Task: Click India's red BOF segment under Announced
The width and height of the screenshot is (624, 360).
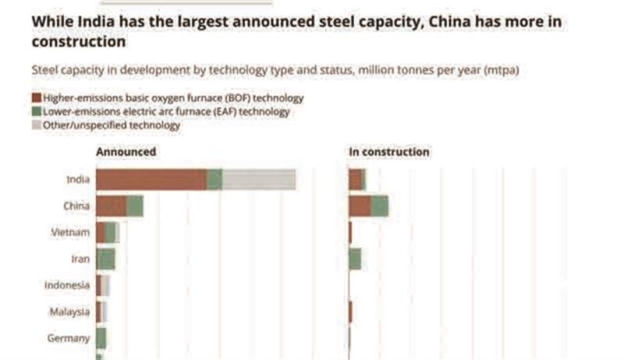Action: click(151, 179)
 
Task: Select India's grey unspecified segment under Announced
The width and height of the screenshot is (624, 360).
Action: click(259, 179)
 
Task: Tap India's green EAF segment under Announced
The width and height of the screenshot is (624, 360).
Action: click(215, 179)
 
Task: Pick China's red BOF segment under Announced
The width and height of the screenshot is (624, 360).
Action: click(111, 206)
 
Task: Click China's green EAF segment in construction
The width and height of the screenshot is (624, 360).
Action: click(380, 206)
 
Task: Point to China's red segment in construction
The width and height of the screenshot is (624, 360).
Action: click(360, 206)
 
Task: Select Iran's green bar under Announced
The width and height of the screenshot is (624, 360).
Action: click(106, 259)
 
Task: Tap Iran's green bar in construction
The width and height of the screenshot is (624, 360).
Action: click(355, 259)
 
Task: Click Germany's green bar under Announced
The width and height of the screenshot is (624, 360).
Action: click(101, 338)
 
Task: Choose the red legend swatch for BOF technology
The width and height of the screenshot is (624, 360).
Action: click(37, 98)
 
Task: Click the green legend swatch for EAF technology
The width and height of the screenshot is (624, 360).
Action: click(37, 112)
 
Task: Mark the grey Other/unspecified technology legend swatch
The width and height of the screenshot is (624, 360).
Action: click(37, 125)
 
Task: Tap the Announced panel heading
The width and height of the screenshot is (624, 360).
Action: click(126, 151)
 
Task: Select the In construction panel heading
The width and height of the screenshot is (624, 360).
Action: click(389, 152)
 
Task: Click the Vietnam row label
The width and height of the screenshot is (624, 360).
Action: click(71, 232)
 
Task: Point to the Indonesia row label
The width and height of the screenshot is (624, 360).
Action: click(67, 285)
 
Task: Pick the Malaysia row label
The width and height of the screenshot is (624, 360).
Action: click(70, 312)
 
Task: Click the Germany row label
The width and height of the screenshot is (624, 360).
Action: click(69, 338)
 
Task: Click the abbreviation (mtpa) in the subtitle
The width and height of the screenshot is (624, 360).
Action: click(501, 70)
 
